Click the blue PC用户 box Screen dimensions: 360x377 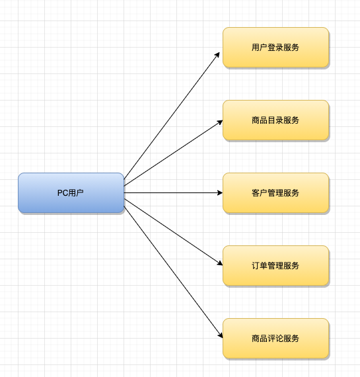(x=71, y=193)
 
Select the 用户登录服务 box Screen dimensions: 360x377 (x=275, y=48)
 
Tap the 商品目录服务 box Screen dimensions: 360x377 (x=275, y=120)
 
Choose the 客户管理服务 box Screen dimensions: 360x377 (x=275, y=193)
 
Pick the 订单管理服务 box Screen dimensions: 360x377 (x=275, y=266)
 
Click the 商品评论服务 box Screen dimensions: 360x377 (x=275, y=339)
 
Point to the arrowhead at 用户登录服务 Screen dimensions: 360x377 (x=217, y=55)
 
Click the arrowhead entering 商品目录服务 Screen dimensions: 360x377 (x=220, y=122)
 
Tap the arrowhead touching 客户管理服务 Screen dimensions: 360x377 (x=220, y=193)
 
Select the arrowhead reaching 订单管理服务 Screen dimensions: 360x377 (x=220, y=263)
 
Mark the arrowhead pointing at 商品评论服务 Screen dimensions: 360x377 (x=220, y=335)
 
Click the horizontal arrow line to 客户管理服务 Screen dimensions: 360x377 (x=174, y=193)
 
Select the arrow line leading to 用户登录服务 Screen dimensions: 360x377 (x=172, y=116)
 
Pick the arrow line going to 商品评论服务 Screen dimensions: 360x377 (x=174, y=272)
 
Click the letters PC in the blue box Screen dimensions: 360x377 (x=61, y=193)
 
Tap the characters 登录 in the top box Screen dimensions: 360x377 (x=275, y=48)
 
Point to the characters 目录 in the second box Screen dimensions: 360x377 (x=275, y=120)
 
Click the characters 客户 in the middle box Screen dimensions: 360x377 (x=260, y=193)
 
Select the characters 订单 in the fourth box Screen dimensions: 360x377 (x=260, y=266)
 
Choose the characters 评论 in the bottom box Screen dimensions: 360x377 (x=275, y=339)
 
